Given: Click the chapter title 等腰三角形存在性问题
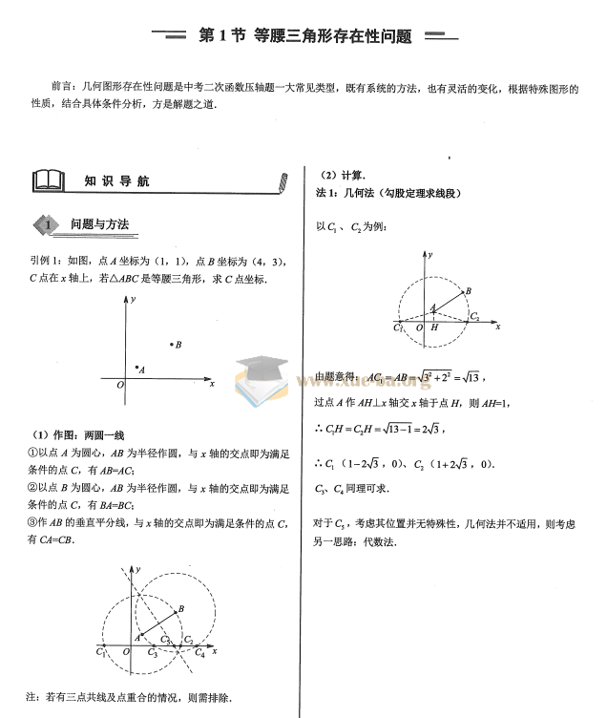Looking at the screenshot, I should [332, 36].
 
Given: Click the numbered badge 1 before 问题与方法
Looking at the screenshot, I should [44, 225].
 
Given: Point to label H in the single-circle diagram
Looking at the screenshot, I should [434, 327].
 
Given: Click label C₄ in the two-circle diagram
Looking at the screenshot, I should [199, 654].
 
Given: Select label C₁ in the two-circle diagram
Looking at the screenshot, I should [101, 654].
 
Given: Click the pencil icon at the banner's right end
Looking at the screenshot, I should [281, 182].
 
